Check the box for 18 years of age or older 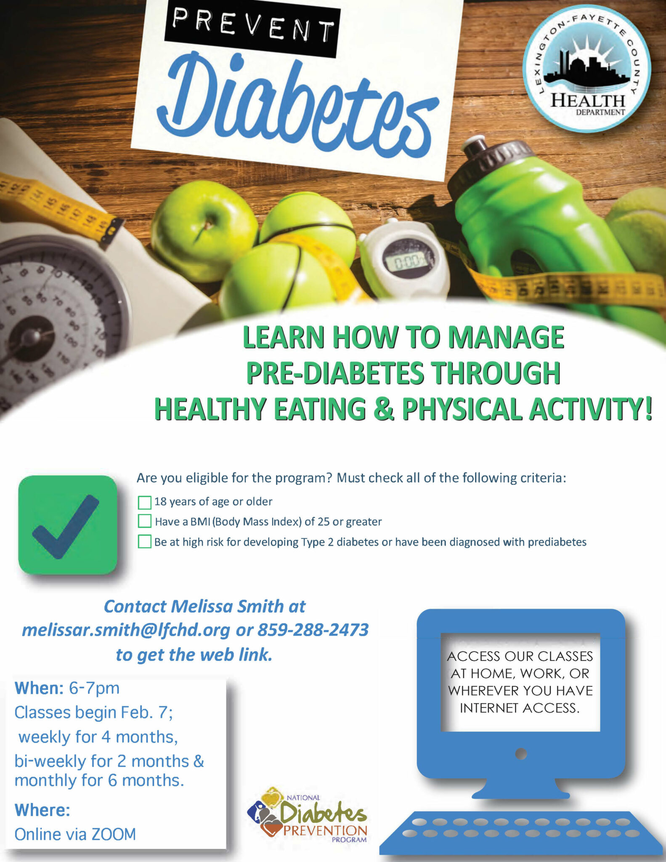pos(145,502)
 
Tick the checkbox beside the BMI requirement pos(145,521)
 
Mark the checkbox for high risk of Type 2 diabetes pos(145,541)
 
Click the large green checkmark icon pos(68,525)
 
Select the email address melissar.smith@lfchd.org pos(126,630)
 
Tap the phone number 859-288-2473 pos(313,630)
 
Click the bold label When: pos(39,688)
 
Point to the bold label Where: pos(42,810)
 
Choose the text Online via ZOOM pos(75,834)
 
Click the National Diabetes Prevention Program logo pos(308,816)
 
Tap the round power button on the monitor pos(521,753)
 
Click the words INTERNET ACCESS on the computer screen pos(520,708)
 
